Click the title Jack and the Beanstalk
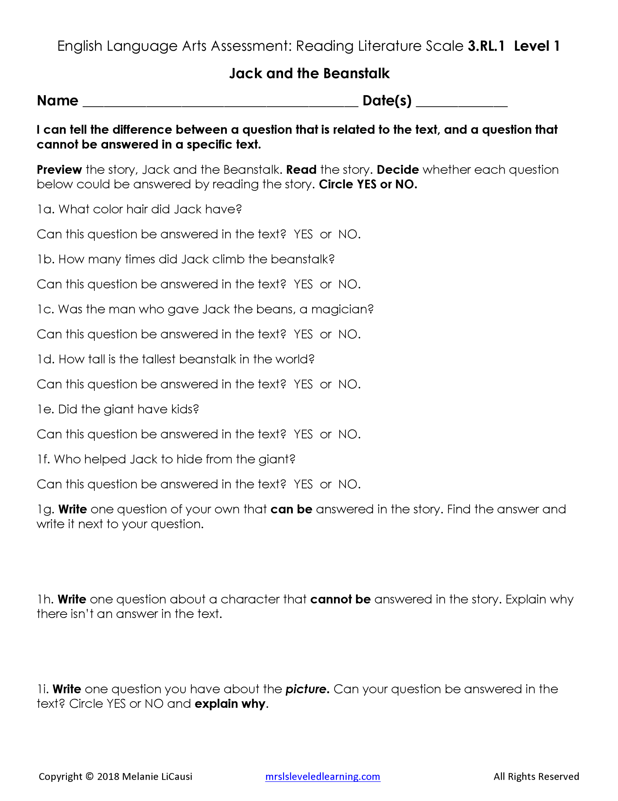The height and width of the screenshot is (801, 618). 309,73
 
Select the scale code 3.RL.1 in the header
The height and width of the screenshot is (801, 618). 486,46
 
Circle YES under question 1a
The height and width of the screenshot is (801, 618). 303,234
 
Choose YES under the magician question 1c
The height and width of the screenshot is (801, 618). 303,334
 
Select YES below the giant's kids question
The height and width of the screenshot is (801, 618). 303,434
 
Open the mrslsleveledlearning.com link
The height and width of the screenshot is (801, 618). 322,776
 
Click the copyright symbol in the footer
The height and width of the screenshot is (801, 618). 89,776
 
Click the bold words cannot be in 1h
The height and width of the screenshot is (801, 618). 340,599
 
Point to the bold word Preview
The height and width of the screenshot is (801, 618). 59,170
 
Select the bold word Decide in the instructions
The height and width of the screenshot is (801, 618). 397,170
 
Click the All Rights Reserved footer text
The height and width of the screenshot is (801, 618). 536,776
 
